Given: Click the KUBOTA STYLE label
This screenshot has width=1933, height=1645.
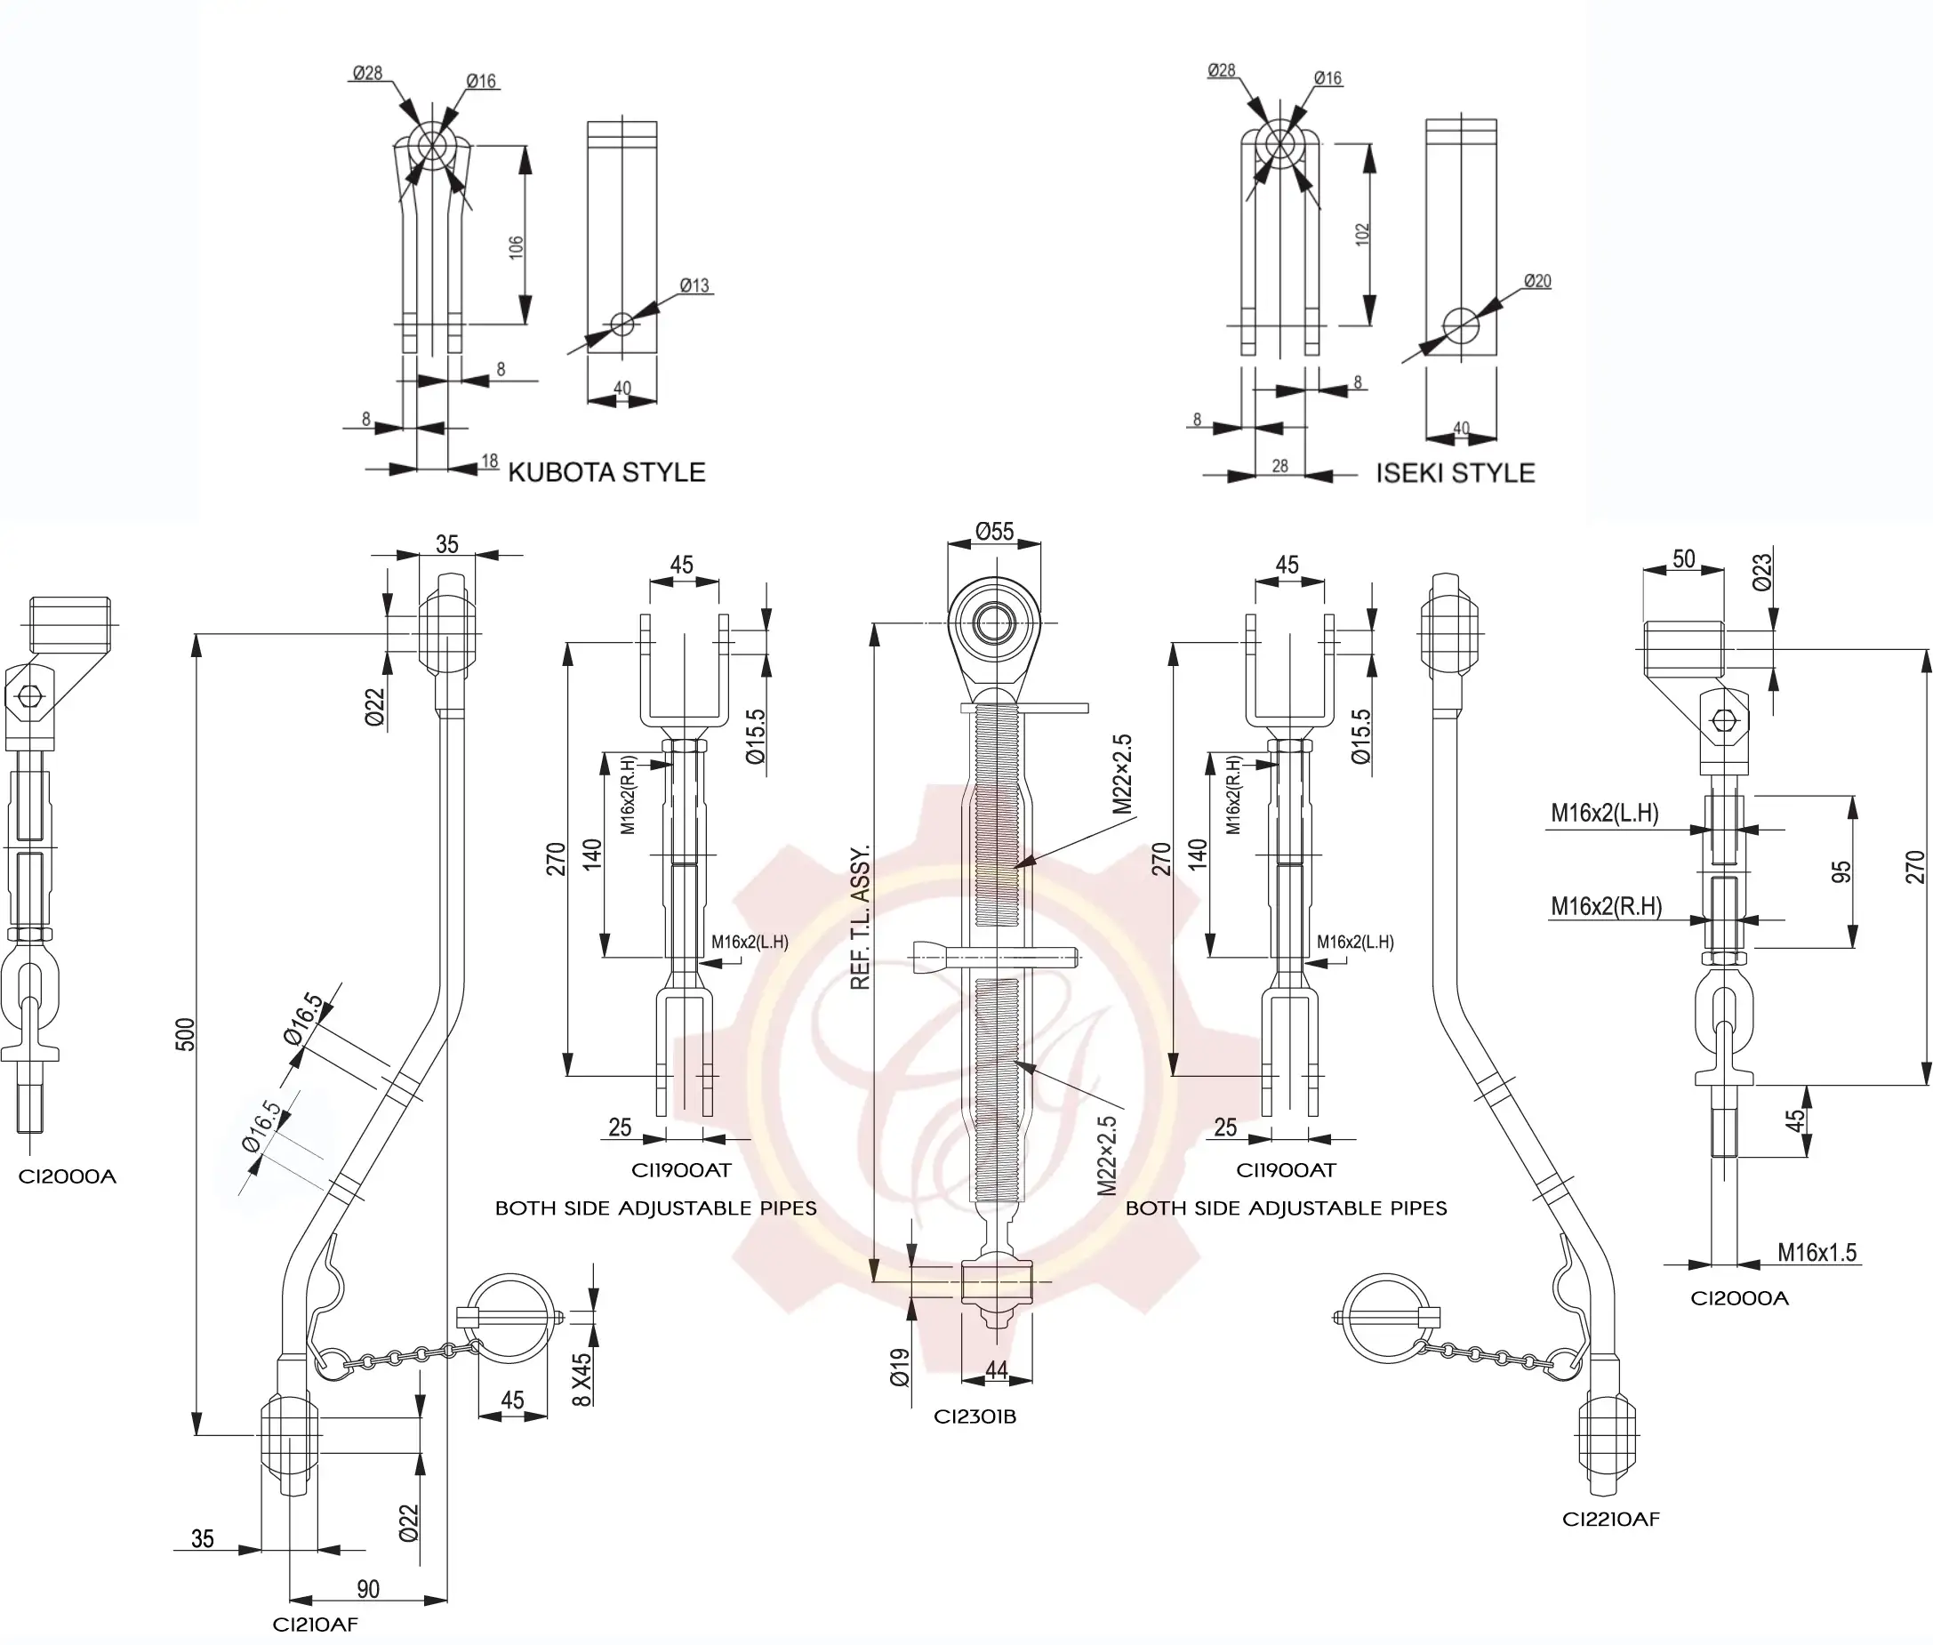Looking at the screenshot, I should coord(606,472).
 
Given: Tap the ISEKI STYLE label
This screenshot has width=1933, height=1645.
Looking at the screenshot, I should coord(1455,473).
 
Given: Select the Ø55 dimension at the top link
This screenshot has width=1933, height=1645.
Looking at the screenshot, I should coord(994,532).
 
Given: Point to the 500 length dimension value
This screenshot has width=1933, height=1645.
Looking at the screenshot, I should coord(186,1034).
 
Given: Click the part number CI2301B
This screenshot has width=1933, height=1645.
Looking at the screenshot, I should coord(975,1416).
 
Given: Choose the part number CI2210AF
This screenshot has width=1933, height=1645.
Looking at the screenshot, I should coord(1610,1519).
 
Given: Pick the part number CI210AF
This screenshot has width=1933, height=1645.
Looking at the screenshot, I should coord(315,1625).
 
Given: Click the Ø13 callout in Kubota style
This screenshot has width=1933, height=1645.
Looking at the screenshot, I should coord(694,285).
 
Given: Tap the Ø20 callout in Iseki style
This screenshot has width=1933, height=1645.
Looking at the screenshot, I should coord(1536,281).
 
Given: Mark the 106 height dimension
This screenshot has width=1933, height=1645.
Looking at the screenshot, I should coord(516,247).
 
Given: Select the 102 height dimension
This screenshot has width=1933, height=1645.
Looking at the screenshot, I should coord(1362,234).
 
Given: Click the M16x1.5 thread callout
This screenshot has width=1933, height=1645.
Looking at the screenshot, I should coord(1817,1252).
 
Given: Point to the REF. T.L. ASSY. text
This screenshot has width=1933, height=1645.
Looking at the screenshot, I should coord(860,918).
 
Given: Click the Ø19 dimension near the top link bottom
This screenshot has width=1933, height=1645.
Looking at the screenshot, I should coord(900,1367).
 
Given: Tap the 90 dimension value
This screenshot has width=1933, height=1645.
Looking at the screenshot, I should coord(368,1589).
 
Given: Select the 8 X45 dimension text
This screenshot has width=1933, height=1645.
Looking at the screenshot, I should coord(581,1379).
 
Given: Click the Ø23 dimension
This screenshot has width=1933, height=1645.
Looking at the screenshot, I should coord(1761,572).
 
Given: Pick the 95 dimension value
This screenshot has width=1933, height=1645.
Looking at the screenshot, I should coord(1841,872).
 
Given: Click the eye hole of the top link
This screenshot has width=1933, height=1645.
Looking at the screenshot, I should coord(993,624).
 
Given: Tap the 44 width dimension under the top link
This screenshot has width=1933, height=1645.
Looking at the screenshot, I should coord(996,1370).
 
